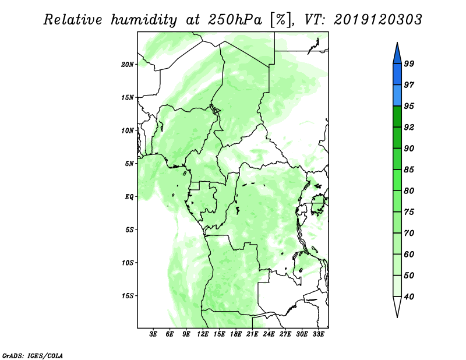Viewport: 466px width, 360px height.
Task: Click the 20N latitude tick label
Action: point(128,64)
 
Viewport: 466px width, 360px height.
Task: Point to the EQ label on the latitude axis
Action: point(129,197)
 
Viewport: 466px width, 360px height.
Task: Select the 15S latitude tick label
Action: point(128,296)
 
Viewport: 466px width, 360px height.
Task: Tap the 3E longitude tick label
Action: point(153,334)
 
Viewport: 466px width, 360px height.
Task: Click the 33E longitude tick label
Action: point(318,334)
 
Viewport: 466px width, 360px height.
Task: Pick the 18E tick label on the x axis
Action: point(236,334)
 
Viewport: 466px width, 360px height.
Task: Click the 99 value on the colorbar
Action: point(409,63)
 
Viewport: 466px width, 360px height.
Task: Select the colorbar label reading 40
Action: point(409,297)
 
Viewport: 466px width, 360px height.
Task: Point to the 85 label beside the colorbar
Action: point(409,170)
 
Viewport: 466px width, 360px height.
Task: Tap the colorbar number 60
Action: point(409,254)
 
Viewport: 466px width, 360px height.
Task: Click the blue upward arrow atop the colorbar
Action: point(397,53)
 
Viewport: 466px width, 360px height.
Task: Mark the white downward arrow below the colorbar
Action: point(397,307)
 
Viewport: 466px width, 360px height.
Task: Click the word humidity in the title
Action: point(144,20)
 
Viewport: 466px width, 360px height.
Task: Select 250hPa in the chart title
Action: point(235,20)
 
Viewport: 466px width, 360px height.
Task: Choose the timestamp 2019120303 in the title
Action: point(377,20)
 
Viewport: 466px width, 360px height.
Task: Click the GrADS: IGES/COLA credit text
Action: point(33,355)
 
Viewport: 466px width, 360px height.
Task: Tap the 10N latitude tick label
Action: point(128,130)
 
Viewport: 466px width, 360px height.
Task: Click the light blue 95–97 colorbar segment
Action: point(397,96)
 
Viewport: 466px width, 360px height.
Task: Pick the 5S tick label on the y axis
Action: point(129,230)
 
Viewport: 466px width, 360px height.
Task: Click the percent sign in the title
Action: point(281,20)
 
